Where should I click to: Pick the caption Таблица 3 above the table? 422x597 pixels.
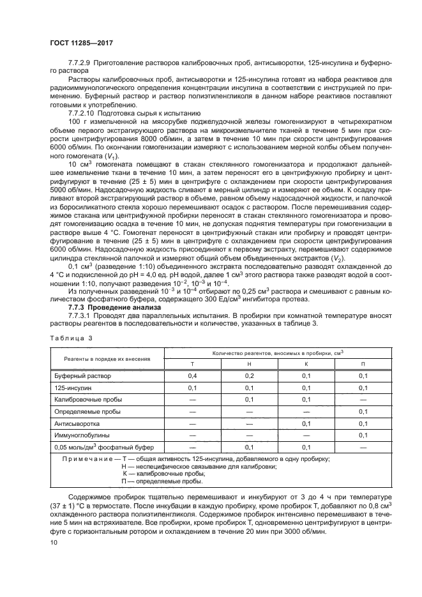(x=71, y=338)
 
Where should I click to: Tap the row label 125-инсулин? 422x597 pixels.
(x=73, y=388)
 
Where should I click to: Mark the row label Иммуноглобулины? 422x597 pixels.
(x=82, y=435)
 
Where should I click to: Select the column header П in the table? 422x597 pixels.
(x=363, y=363)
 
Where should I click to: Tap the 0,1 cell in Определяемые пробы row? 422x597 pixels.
(x=363, y=411)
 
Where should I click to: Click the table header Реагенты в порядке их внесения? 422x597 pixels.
(x=107, y=358)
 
